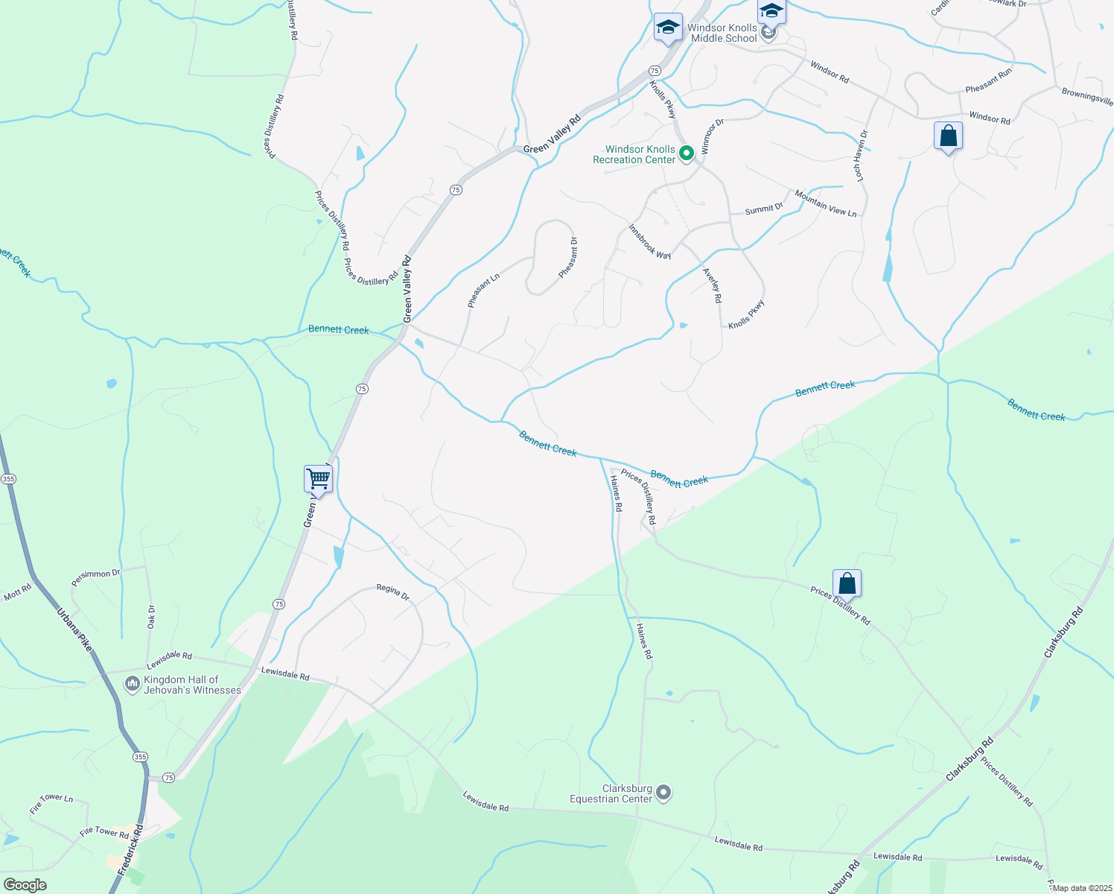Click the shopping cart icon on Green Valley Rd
pyautogui.click(x=318, y=478)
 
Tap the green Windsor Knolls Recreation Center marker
pyautogui.click(x=687, y=153)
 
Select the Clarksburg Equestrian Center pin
pyautogui.click(x=663, y=793)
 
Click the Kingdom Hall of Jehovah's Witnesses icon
pyautogui.click(x=133, y=683)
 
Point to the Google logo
pyautogui.click(x=25, y=885)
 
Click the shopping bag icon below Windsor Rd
pyautogui.click(x=948, y=137)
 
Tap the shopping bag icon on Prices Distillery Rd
pyautogui.click(x=847, y=583)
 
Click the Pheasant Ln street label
pyautogui.click(x=483, y=291)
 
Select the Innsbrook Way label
pyautogui.click(x=649, y=241)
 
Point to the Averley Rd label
pyautogui.click(x=713, y=285)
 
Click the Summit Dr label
pyautogui.click(x=764, y=209)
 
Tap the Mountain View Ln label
pyautogui.click(x=825, y=203)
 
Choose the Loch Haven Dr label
pyautogui.click(x=862, y=156)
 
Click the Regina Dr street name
pyautogui.click(x=392, y=592)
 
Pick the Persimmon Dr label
pyautogui.click(x=95, y=577)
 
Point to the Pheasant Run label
pyautogui.click(x=988, y=80)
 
